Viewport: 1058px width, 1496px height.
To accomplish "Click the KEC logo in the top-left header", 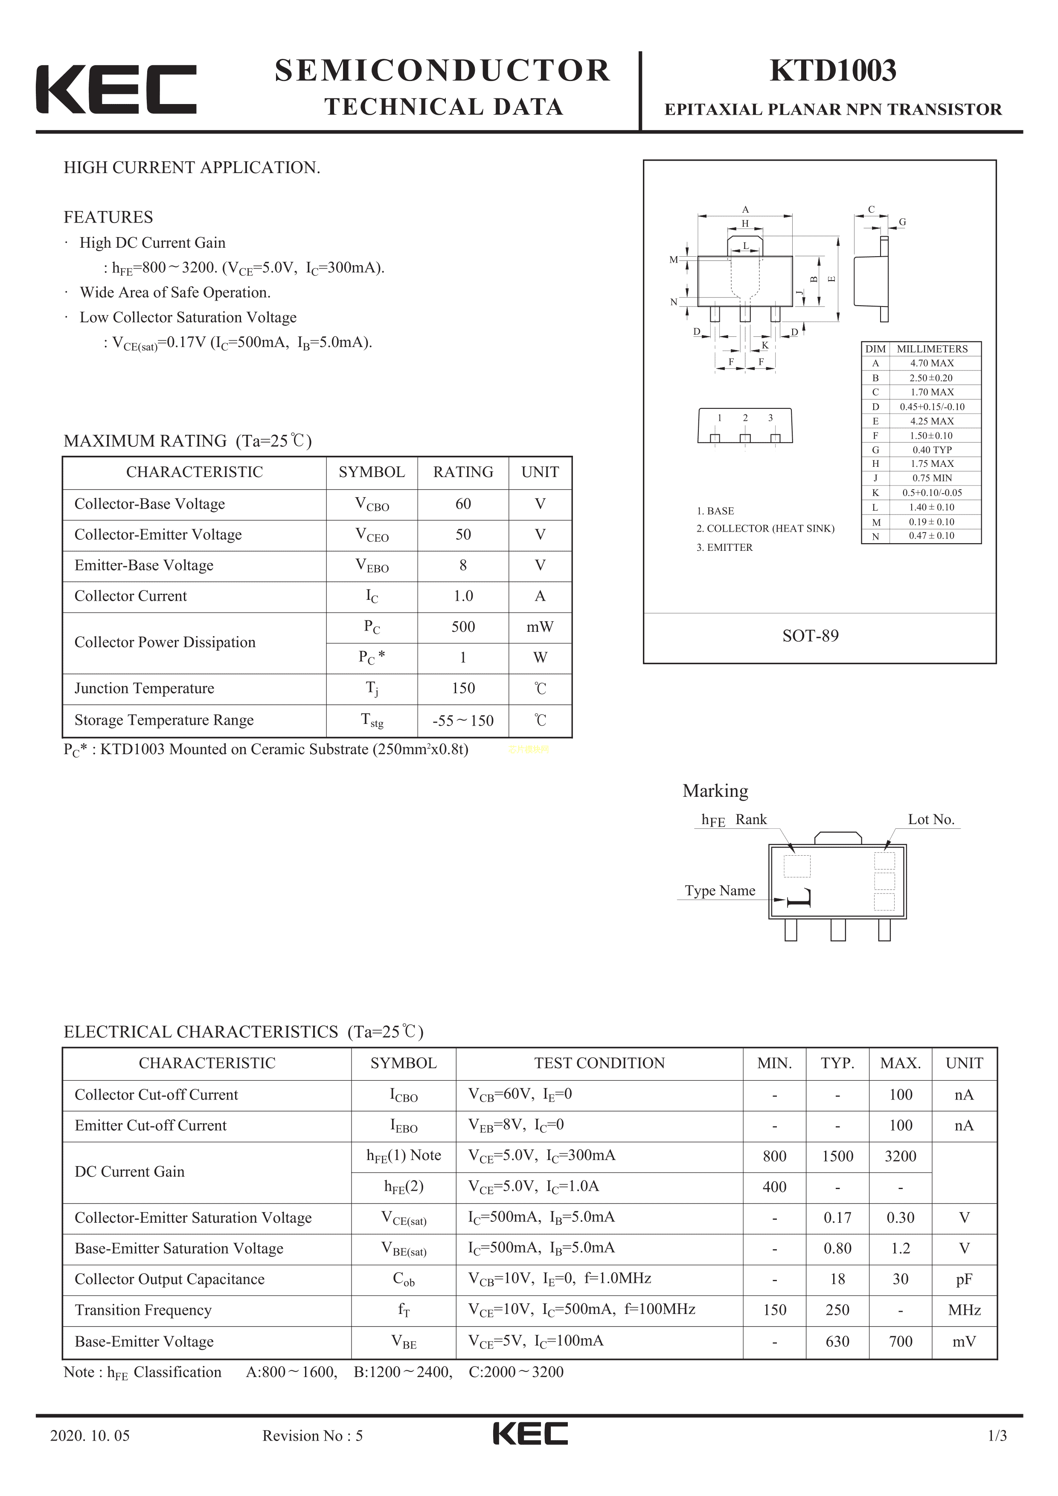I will click(116, 89).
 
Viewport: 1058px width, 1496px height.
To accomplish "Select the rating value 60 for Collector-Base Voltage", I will click(463, 503).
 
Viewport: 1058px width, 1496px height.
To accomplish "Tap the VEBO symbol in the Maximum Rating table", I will click(372, 566).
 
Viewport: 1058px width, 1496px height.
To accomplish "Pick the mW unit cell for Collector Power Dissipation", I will click(540, 627).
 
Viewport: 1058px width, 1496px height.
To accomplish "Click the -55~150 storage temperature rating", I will click(463, 721).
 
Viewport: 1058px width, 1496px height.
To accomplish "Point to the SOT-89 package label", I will click(810, 636).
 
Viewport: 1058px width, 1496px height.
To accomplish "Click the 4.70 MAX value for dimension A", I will click(932, 363).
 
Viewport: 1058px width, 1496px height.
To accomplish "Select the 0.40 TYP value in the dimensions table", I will click(932, 450).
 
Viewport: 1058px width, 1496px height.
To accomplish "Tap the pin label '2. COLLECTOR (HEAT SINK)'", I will click(764, 528).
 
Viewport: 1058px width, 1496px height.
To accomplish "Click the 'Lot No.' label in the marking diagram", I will click(931, 820).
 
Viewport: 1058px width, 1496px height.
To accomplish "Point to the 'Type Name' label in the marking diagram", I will click(720, 891).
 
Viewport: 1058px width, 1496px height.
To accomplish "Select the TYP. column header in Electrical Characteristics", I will click(837, 1063).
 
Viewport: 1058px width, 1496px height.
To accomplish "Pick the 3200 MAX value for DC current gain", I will click(900, 1157).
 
